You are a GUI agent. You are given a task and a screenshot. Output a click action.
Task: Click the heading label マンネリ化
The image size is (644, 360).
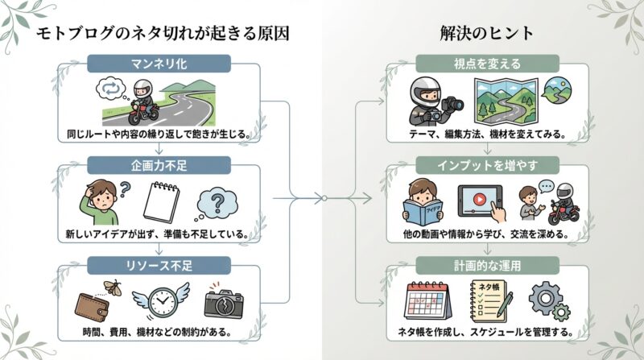(x=159, y=61)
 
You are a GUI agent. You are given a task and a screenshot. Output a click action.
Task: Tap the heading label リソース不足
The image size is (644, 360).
(x=159, y=263)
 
